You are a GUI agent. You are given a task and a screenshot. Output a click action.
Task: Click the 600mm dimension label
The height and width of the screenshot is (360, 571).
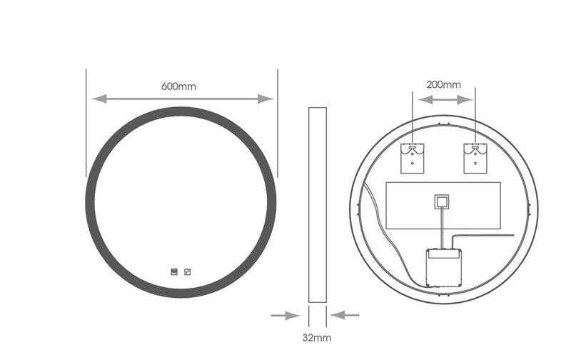coord(178,86)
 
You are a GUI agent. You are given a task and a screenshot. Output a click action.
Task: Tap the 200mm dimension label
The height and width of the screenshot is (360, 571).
coord(443,84)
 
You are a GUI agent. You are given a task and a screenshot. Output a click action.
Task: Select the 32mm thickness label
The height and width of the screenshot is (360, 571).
coord(317,335)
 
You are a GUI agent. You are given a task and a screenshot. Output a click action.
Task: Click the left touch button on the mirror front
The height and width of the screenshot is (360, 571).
coord(173,271)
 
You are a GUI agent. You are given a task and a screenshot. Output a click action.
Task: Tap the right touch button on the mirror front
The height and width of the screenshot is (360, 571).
coord(188,271)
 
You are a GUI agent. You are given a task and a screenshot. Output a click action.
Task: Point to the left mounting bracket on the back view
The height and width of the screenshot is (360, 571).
coord(413,158)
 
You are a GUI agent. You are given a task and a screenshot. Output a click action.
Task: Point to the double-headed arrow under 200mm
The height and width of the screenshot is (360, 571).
coord(443,99)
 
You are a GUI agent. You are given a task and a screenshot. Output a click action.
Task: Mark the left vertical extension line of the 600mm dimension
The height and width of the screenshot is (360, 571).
coord(86,121)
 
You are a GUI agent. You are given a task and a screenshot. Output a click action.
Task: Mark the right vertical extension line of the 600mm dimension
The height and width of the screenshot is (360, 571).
coord(277,121)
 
